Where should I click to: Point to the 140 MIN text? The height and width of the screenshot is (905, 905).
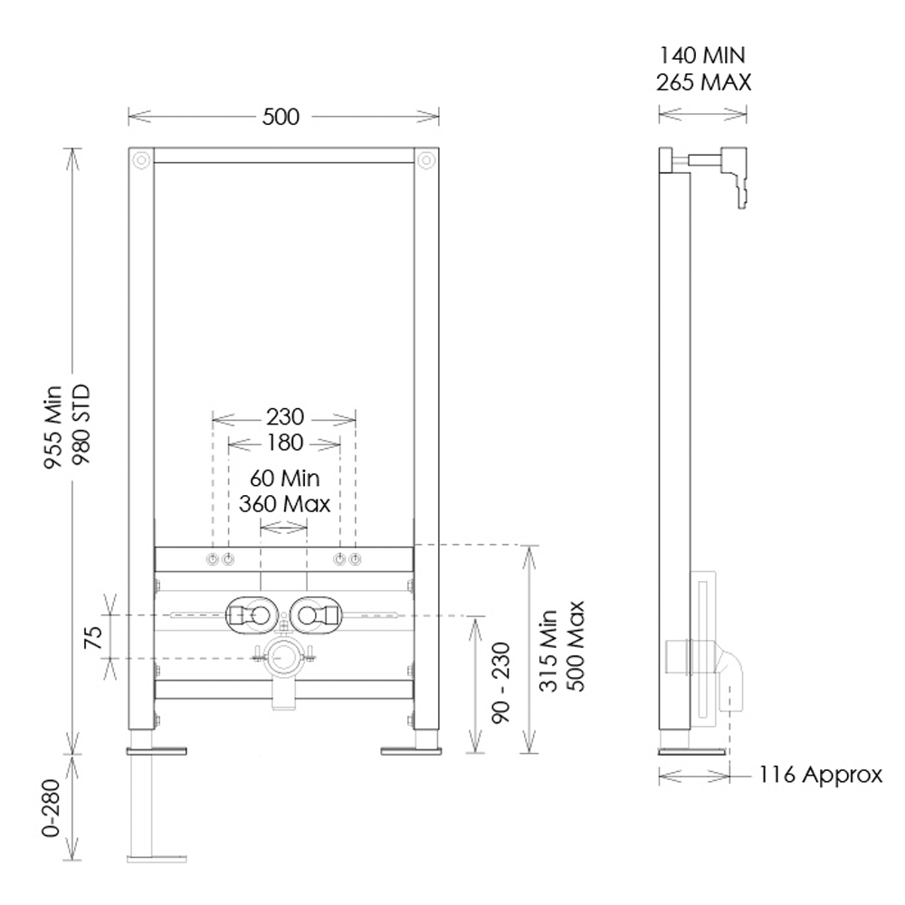703,57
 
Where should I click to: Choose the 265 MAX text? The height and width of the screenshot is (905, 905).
703,82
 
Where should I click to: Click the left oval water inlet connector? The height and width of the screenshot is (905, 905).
248,616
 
